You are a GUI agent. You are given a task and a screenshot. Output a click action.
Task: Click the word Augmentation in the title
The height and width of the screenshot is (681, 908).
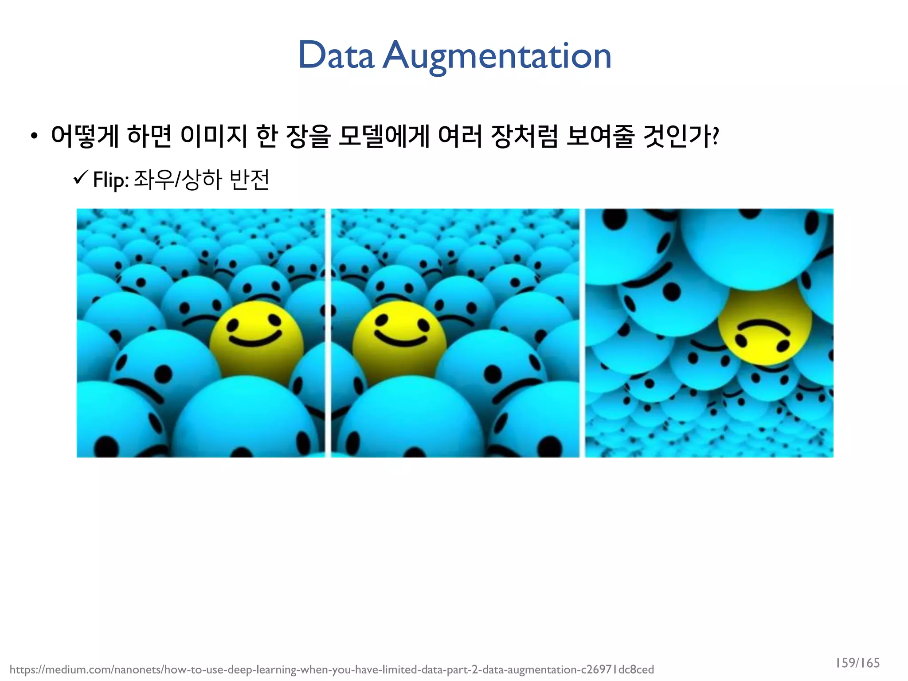click(497, 56)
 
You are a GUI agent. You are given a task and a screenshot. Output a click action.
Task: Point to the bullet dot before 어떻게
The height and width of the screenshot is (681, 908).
click(34, 137)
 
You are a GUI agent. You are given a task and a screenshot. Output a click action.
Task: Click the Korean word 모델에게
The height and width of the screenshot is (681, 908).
click(384, 136)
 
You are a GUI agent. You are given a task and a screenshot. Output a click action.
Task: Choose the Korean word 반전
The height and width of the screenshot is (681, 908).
click(250, 180)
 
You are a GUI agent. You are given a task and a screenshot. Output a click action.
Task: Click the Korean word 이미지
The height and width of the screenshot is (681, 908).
click(214, 136)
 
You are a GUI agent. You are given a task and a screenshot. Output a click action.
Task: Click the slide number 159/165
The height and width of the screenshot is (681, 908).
click(857, 663)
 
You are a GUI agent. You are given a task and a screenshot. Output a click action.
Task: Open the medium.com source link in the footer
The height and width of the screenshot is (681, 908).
click(332, 669)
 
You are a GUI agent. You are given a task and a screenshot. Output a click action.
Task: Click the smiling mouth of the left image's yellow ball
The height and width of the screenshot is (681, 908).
click(254, 340)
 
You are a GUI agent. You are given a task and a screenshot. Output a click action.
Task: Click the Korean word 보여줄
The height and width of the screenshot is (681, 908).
click(600, 136)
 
